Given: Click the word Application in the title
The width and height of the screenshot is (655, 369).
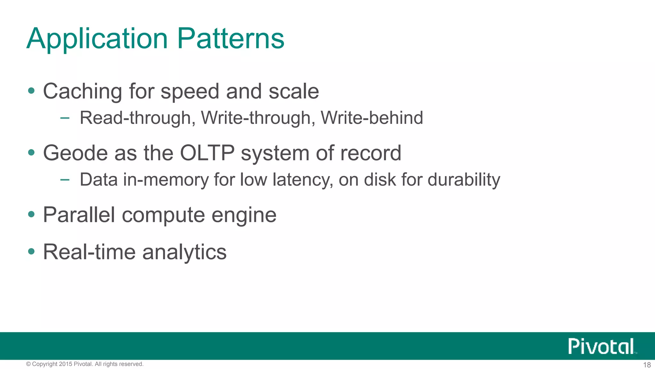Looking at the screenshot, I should pyautogui.click(x=97, y=39).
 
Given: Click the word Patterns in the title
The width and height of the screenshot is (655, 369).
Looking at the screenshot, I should pyautogui.click(x=230, y=38).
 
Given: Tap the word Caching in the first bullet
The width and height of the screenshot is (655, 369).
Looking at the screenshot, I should pyautogui.click(x=83, y=92).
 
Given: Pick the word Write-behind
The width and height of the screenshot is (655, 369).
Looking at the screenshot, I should pyautogui.click(x=372, y=118).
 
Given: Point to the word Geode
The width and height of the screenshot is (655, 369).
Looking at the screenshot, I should pyautogui.click(x=75, y=153).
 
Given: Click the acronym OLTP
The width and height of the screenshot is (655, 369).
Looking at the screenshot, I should pyautogui.click(x=207, y=153).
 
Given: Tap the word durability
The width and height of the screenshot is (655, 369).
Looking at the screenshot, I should pyautogui.click(x=464, y=179).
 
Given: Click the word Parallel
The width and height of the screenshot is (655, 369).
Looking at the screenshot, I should pyautogui.click(x=79, y=215).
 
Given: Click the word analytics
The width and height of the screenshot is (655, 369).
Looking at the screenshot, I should pyautogui.click(x=184, y=252).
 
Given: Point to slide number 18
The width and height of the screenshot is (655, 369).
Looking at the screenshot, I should pyautogui.click(x=647, y=365).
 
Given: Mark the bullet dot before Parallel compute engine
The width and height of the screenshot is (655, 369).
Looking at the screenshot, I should pyautogui.click(x=31, y=214).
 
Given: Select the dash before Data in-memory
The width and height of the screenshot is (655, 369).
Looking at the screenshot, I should pyautogui.click(x=65, y=180).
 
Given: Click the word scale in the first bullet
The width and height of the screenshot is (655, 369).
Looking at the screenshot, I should pyautogui.click(x=294, y=92).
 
